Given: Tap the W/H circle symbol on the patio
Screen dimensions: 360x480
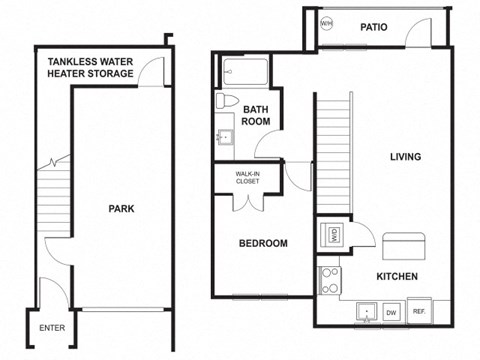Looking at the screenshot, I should [x=327, y=23].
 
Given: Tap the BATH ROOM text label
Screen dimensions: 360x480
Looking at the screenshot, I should [x=257, y=114].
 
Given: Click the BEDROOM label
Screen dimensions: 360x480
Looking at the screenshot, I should [x=263, y=243].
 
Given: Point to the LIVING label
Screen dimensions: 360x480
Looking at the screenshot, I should [x=404, y=157].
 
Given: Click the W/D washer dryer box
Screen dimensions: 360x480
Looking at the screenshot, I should [x=333, y=236].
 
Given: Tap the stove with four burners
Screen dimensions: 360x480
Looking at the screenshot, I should [x=329, y=280].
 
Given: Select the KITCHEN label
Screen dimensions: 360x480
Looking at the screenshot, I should [x=396, y=276].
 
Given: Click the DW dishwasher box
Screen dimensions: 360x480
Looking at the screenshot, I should [x=392, y=313].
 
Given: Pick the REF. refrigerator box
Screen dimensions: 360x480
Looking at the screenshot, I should [x=420, y=312].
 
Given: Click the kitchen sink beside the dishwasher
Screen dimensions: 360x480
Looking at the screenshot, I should [x=366, y=313].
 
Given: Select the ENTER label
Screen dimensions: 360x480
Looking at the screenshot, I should [x=52, y=327].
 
